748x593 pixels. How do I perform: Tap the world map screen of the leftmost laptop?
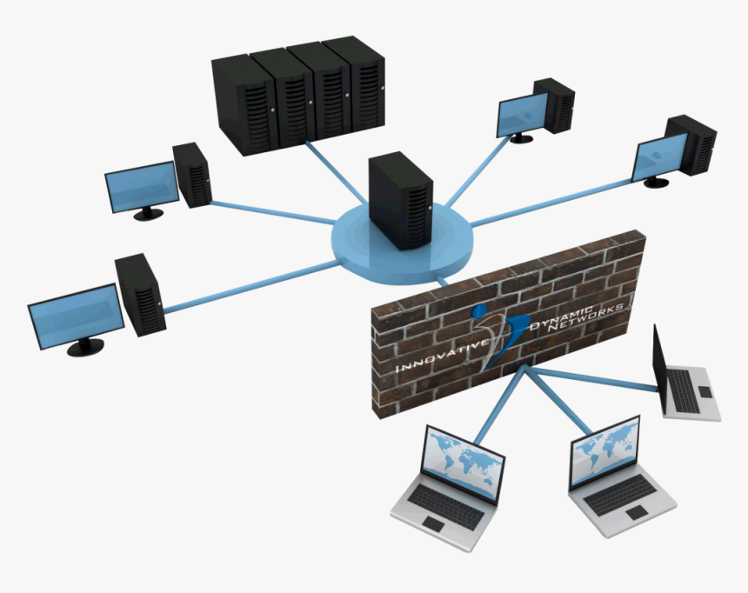pos(462,460)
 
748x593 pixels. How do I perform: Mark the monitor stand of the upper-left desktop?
pos(148,212)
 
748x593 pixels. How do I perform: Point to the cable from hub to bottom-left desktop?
pos(244,288)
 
